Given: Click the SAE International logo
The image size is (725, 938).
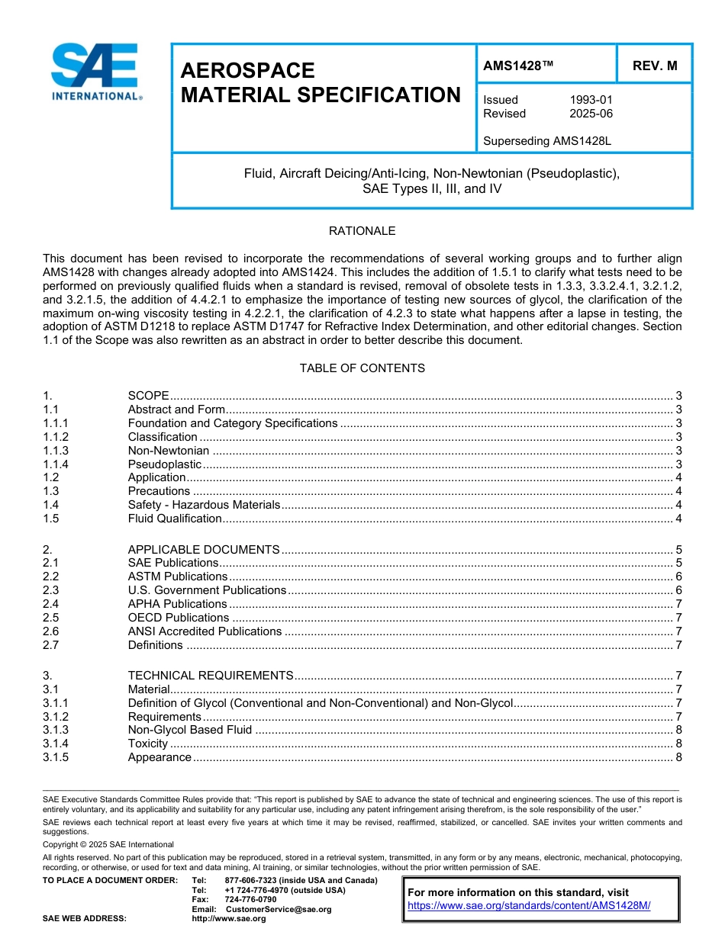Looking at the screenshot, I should pyautogui.click(x=95, y=72).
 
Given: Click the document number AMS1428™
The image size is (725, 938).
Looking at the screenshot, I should pyautogui.click(x=518, y=66).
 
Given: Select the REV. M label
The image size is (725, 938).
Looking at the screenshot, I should pyautogui.click(x=654, y=66).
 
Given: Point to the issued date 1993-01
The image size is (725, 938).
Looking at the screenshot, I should pyautogui.click(x=591, y=100).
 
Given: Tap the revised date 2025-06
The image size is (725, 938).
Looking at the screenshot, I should pyautogui.click(x=591, y=114).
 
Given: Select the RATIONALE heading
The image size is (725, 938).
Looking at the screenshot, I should pyautogui.click(x=362, y=231).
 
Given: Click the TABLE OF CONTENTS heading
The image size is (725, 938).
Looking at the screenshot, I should pyautogui.click(x=362, y=368).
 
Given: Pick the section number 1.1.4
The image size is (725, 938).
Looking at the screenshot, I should pyautogui.click(x=56, y=464).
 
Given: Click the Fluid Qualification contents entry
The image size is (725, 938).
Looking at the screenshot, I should pyautogui.click(x=175, y=519).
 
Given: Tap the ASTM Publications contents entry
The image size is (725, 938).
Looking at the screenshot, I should pyautogui.click(x=177, y=577).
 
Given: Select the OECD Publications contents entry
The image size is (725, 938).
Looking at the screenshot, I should pyautogui.click(x=178, y=618).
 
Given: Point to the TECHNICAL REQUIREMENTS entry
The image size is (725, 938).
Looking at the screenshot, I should pyautogui.click(x=211, y=676).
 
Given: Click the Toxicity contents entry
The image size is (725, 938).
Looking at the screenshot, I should pyautogui.click(x=147, y=744).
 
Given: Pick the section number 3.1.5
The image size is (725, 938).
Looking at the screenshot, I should pyautogui.click(x=56, y=757).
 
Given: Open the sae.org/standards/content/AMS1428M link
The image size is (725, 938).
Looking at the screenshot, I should pyautogui.click(x=529, y=905).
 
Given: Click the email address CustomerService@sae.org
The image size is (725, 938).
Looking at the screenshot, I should pyautogui.click(x=279, y=909).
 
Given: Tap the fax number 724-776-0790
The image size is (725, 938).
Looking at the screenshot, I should pyautogui.click(x=250, y=900).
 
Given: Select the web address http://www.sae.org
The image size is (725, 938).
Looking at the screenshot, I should pyautogui.click(x=228, y=918).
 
